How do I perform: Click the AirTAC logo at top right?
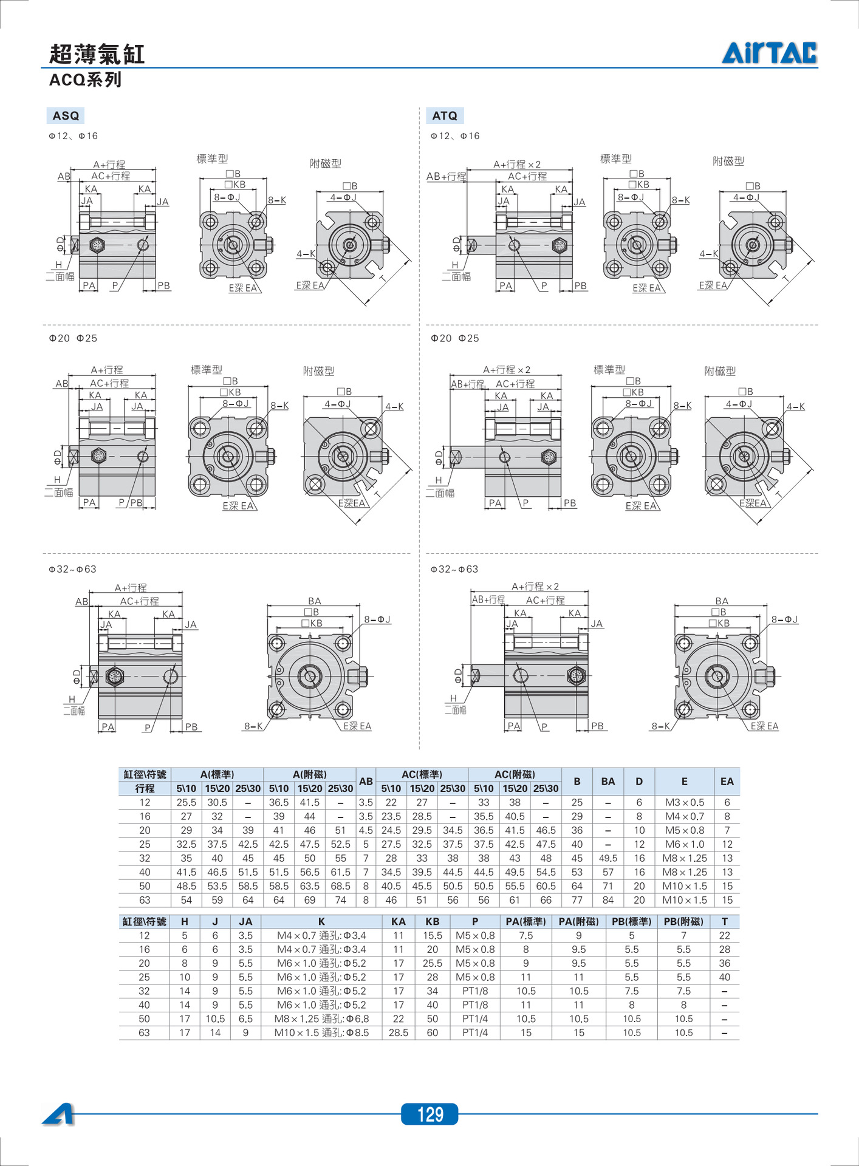point(769,53)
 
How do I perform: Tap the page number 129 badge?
point(430,1114)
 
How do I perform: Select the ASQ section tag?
point(66,115)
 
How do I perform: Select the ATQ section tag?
point(445,115)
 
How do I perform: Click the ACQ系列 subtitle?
point(85,80)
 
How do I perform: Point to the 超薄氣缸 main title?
point(97,54)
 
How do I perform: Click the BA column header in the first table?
point(607,782)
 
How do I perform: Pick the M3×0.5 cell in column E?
point(684,802)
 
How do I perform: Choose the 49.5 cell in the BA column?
point(607,858)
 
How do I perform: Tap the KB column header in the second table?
point(432,921)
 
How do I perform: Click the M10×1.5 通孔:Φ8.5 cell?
point(321,1032)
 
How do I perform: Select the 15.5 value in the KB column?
point(432,935)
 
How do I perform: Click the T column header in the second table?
point(724,921)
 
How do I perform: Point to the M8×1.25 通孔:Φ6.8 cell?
point(321,1018)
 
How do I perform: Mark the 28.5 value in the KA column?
point(398,1032)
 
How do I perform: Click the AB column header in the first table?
point(366,782)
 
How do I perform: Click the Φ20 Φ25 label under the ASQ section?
point(73,338)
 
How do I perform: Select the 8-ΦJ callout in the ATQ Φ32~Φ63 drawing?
point(784,619)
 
